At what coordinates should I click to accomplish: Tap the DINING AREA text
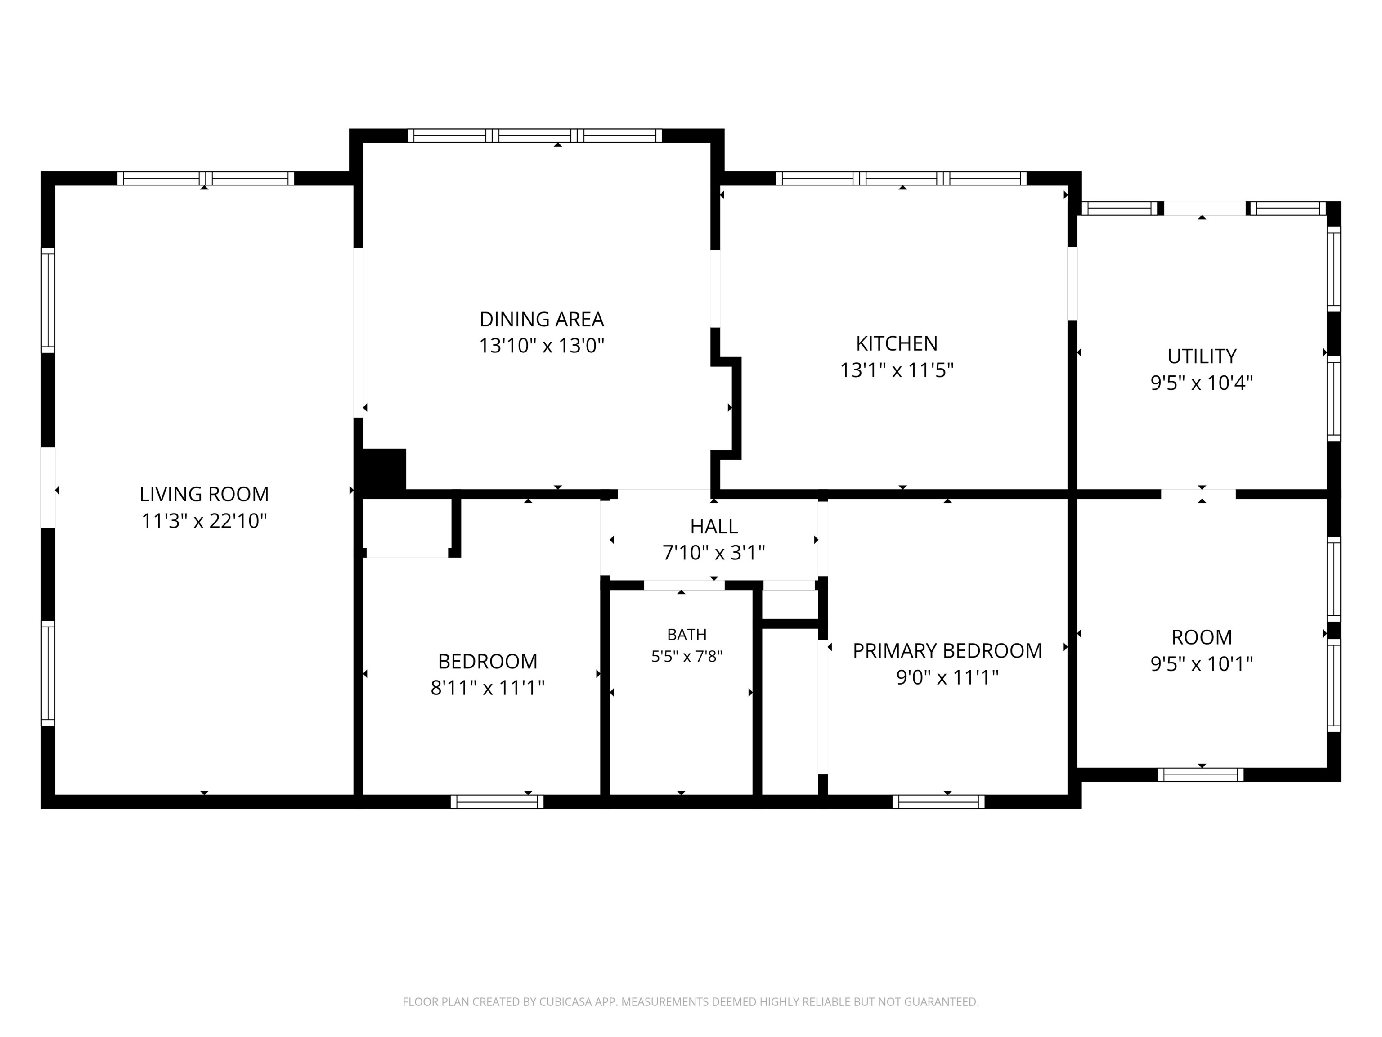[x=542, y=320]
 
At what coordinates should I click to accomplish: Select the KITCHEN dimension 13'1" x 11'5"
[x=897, y=371]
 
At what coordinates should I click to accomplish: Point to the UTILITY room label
[x=1202, y=356]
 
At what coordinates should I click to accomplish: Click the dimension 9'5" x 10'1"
[x=1202, y=664]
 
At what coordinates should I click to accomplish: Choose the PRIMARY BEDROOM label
[x=947, y=651]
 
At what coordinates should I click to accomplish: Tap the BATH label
[x=687, y=635]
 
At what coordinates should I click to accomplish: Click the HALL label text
[x=713, y=526]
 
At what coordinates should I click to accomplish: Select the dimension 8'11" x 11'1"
[x=487, y=688]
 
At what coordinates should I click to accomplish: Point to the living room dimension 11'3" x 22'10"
[x=204, y=521]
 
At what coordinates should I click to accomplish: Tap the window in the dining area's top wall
[x=535, y=135]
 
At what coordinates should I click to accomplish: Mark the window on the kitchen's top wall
[x=901, y=179]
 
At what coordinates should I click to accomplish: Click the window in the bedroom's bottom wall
[x=497, y=802]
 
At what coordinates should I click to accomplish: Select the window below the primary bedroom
[x=938, y=802]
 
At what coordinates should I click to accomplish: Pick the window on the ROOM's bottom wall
[x=1200, y=775]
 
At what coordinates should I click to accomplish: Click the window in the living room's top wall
[x=206, y=179]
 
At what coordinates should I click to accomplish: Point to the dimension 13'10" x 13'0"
[x=542, y=346]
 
